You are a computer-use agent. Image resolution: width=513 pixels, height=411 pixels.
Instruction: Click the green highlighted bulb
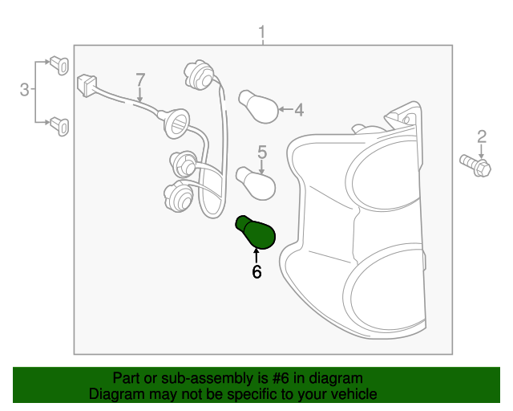pyautogui.click(x=256, y=232)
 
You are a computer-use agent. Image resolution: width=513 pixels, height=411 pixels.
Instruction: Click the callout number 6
pyautogui.click(x=256, y=271)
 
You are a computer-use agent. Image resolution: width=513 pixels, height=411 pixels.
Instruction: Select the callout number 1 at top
pyautogui.click(x=261, y=32)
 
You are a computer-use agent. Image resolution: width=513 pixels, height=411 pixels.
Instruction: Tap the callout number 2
pyautogui.click(x=482, y=136)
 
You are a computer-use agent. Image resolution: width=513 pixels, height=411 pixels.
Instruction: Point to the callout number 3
pyautogui.click(x=25, y=89)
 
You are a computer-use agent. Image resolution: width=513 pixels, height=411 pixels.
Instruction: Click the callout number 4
pyautogui.click(x=299, y=110)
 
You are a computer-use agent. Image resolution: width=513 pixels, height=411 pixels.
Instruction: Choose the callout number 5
pyautogui.click(x=262, y=152)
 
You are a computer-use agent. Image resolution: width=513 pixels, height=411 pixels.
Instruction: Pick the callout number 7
pyautogui.click(x=140, y=79)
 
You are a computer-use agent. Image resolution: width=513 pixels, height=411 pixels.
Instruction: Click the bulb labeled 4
pyautogui.click(x=258, y=107)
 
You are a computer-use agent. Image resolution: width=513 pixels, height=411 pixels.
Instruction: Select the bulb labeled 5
pyautogui.click(x=256, y=183)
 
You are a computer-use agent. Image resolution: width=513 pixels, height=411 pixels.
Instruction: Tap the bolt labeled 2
pyautogui.click(x=475, y=165)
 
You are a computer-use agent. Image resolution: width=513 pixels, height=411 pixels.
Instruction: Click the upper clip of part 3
pyautogui.click(x=59, y=65)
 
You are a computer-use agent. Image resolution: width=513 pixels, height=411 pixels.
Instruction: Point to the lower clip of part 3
pyautogui.click(x=59, y=127)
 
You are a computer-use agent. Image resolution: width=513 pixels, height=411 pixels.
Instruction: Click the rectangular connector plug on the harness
pyautogui.click(x=87, y=86)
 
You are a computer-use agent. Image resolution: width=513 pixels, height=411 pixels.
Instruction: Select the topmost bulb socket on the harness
pyautogui.click(x=199, y=75)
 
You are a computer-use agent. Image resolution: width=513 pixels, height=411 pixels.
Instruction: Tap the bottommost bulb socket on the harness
pyautogui.click(x=178, y=196)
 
